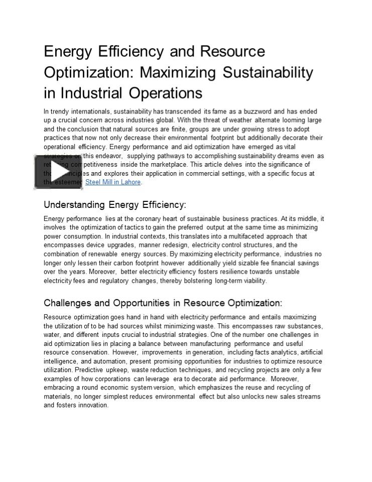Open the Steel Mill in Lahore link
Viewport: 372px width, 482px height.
tap(113, 182)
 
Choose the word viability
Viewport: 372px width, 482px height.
tap(254, 281)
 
